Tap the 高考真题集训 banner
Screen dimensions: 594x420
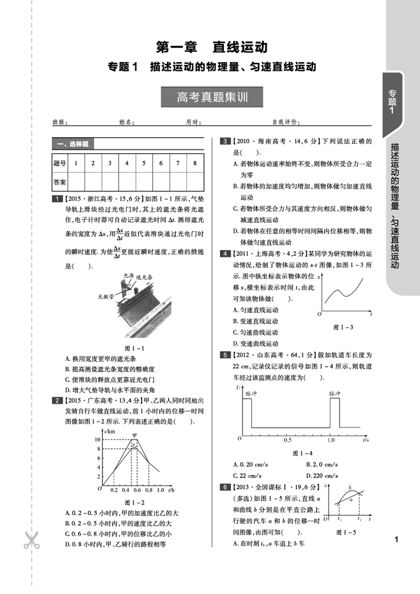[212, 97]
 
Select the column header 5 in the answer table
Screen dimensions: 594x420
[144, 163]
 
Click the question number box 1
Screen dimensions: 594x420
[57, 198]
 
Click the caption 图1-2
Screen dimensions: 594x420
[134, 502]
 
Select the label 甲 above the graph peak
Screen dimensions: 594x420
[134, 434]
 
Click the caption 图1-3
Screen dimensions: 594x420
[342, 327]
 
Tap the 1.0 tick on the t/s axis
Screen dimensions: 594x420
[331, 441]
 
